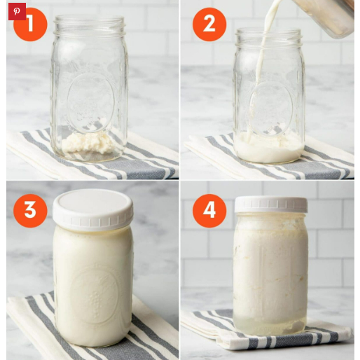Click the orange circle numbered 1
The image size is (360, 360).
(x=30, y=24)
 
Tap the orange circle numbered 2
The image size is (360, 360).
(x=209, y=24)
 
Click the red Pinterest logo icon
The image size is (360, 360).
(x=16, y=11)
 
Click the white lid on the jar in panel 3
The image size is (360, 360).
(x=93, y=207)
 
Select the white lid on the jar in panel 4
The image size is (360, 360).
(x=270, y=205)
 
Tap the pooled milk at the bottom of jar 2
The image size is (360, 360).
(x=269, y=147)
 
